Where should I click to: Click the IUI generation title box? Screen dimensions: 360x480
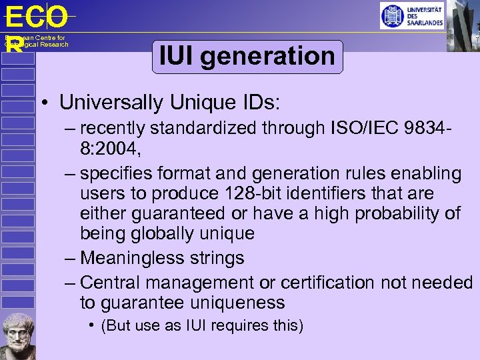pos(247,56)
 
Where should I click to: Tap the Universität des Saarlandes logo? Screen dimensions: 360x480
pos(411,15)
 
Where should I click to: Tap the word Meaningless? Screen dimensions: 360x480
pos(134,257)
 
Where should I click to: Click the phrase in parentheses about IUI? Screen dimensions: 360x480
pos(201,325)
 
